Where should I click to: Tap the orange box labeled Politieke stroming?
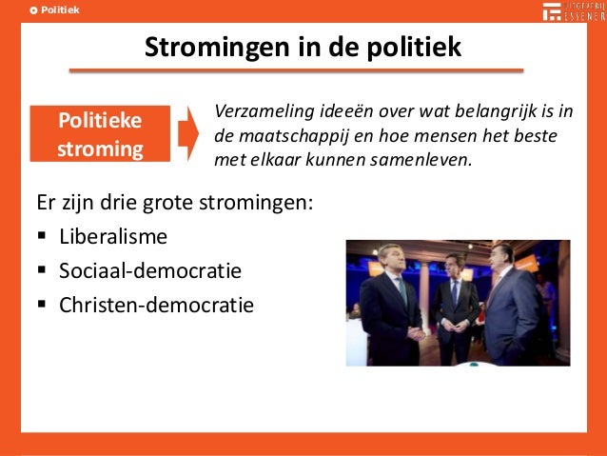[x=99, y=135]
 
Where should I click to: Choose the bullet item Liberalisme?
[x=113, y=236]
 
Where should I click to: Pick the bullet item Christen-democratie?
[x=156, y=305]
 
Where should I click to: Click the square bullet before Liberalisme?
[x=44, y=237]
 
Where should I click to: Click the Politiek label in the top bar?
[x=60, y=10]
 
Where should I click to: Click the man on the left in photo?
[x=389, y=305]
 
